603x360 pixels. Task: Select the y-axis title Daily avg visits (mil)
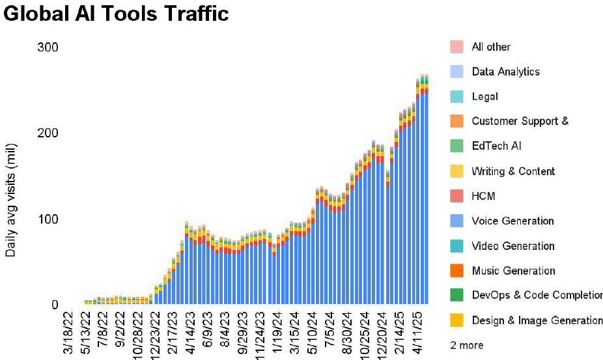pos(11,202)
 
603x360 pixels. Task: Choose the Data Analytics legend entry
pos(505,72)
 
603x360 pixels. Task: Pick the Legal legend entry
pos(484,96)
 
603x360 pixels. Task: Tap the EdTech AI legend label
pos(496,146)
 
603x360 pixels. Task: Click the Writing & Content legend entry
pos(513,171)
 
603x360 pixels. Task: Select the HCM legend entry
pos(484,196)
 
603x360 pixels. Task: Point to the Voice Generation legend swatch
pos(456,221)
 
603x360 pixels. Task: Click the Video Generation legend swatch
pos(456,246)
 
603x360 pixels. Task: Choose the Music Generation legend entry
pos(513,271)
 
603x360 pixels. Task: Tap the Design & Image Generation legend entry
pos(537,320)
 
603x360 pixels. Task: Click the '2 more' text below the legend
pos(467,345)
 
